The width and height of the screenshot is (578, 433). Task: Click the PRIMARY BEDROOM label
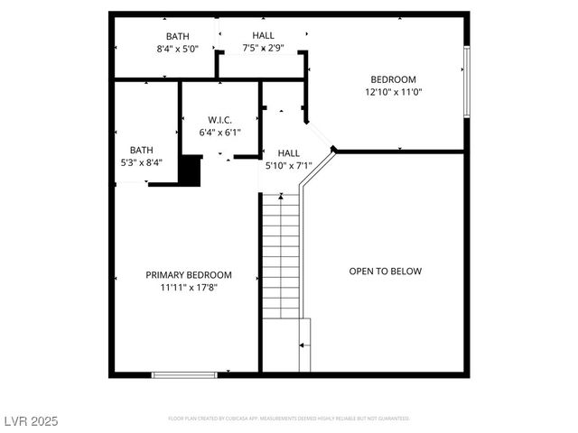189,275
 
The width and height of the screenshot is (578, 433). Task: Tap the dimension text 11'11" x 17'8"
189,288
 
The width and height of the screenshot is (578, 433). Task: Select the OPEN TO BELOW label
386,271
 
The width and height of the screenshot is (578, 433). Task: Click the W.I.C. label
220,120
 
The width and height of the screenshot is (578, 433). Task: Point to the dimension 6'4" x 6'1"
220,133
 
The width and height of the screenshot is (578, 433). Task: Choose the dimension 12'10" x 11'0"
394,92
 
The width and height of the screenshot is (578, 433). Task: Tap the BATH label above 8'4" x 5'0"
177,37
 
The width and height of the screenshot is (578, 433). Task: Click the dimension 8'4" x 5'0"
177,50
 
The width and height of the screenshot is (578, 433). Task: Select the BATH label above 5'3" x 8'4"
141,151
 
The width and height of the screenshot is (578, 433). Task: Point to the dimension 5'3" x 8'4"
141,163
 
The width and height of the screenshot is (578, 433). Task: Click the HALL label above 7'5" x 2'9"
264,35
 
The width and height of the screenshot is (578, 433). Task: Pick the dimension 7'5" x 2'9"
264,48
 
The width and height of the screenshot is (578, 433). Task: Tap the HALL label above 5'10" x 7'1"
288,153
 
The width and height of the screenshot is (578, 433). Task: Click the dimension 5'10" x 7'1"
288,166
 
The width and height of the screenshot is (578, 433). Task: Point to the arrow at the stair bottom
304,345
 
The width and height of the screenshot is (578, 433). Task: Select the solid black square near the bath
191,170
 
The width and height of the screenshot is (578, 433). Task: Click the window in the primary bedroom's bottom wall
184,374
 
